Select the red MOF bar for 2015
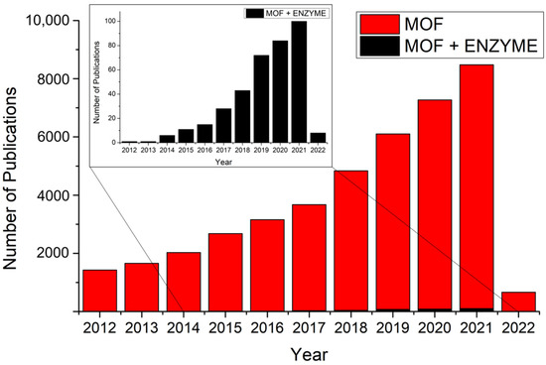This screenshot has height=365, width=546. point(224,272)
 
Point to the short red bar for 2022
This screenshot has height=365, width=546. point(518,301)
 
